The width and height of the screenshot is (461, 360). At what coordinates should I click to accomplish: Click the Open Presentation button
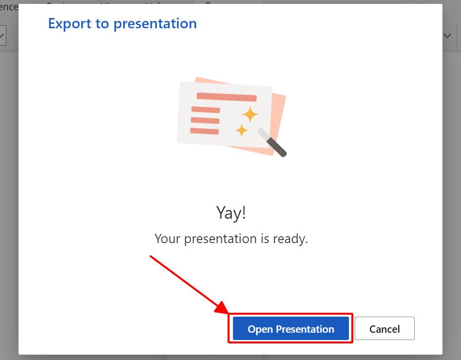pos(291,329)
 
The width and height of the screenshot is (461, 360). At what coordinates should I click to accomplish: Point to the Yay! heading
pos(231,213)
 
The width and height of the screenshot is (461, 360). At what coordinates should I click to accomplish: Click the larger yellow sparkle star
pos(250,114)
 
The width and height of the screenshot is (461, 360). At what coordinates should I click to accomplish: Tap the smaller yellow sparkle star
pos(241,130)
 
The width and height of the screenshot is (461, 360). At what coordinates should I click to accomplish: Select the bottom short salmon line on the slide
pos(204,131)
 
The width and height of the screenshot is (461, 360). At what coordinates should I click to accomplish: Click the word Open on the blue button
pos(260,329)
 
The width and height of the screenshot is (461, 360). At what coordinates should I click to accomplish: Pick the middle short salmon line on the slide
pos(205,120)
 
